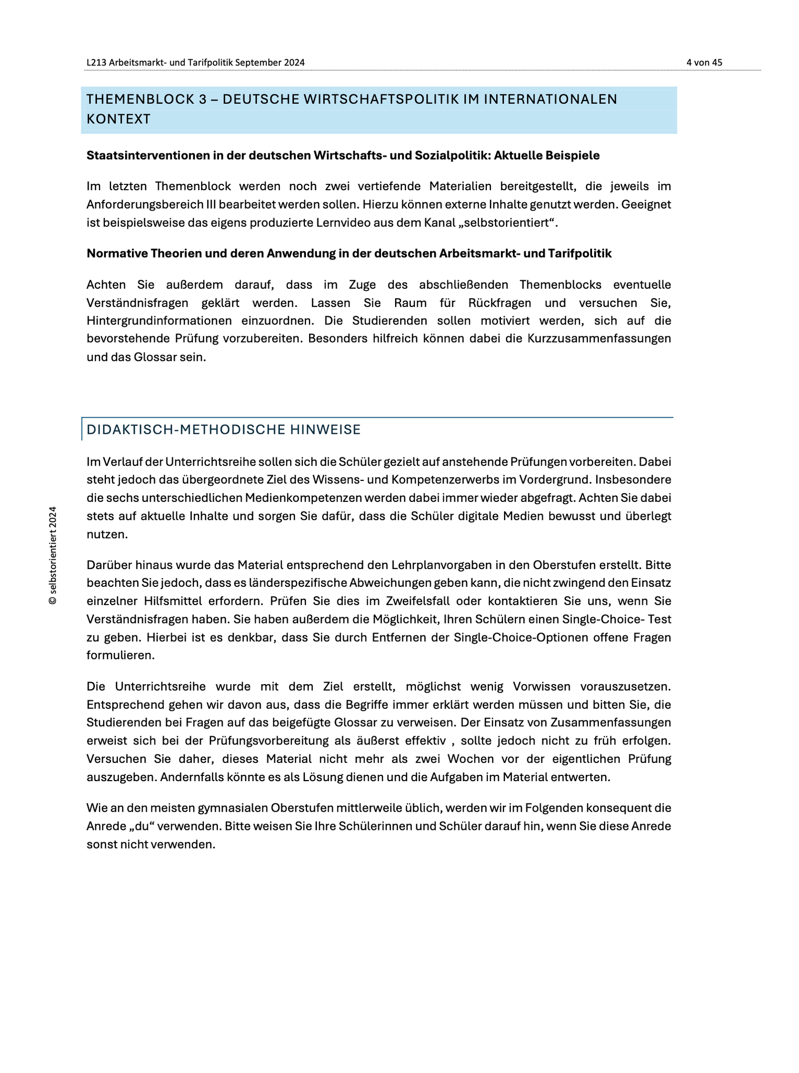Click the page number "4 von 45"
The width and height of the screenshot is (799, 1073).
(704, 62)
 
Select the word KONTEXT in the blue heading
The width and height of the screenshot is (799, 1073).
(118, 119)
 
